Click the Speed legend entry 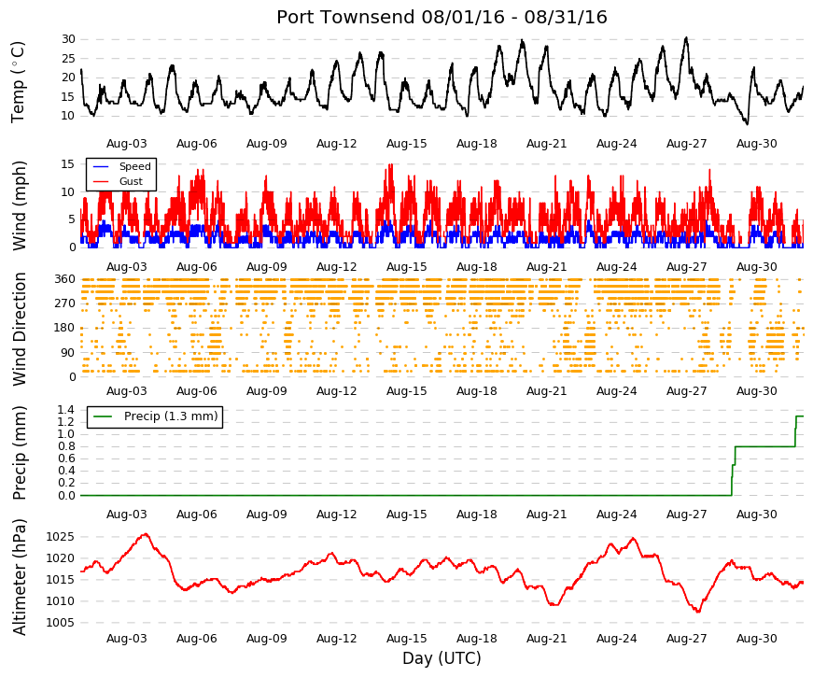point(134,166)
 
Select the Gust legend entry point(131,181)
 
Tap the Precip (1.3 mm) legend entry point(171,416)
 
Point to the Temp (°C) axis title point(18,82)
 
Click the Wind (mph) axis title point(19,206)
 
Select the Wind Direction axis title point(19,330)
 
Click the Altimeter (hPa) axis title point(19,577)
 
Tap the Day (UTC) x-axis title point(442,658)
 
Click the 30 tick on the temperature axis point(68,39)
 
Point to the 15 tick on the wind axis point(68,164)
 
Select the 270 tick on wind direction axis point(65,303)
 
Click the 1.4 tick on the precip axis point(67,410)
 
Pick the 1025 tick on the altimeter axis point(61,537)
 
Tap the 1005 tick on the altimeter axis point(61,623)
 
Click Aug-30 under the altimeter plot point(756,639)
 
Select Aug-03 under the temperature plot point(127,144)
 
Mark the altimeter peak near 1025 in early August point(147,534)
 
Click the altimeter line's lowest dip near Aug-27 point(698,611)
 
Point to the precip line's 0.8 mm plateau point(765,446)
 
